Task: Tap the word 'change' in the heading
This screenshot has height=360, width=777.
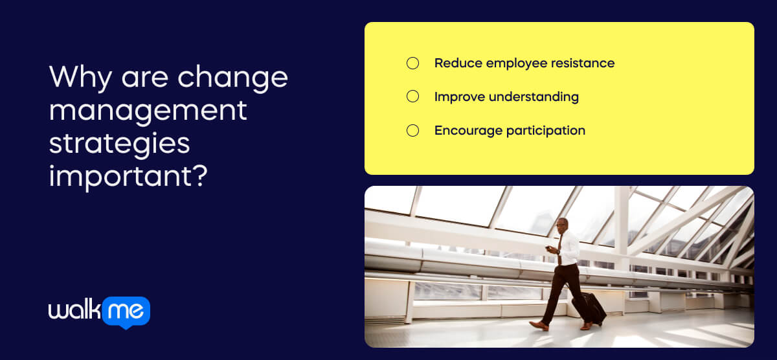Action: point(232,78)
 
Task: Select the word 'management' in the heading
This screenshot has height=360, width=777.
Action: point(148,110)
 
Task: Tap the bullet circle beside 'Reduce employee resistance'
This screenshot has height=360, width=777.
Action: point(412,63)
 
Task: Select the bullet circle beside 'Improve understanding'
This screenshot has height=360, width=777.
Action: point(412,96)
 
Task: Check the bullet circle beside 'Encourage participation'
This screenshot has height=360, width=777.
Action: point(412,130)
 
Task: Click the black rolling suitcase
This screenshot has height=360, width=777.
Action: point(591,308)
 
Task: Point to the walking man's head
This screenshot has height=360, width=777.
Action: point(561,225)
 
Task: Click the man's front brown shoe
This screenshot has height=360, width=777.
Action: point(538,325)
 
